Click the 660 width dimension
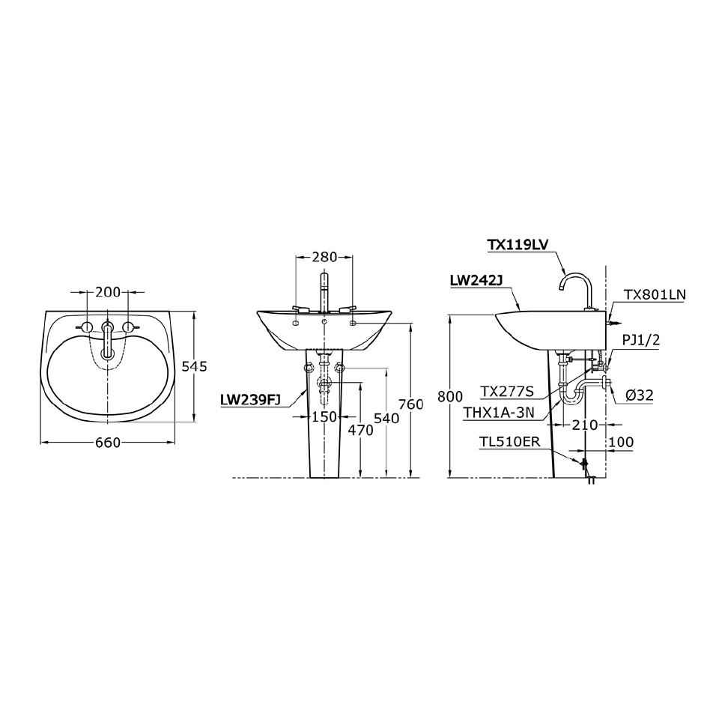point(108,443)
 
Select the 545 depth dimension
point(194,366)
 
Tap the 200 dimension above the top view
point(108,292)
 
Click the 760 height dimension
point(411,404)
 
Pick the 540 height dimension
point(386,419)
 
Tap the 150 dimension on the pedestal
point(324,417)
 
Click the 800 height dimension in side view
point(449,398)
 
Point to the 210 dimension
point(584,425)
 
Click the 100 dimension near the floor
point(621,443)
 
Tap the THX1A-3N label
point(500,412)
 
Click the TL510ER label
point(510,443)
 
